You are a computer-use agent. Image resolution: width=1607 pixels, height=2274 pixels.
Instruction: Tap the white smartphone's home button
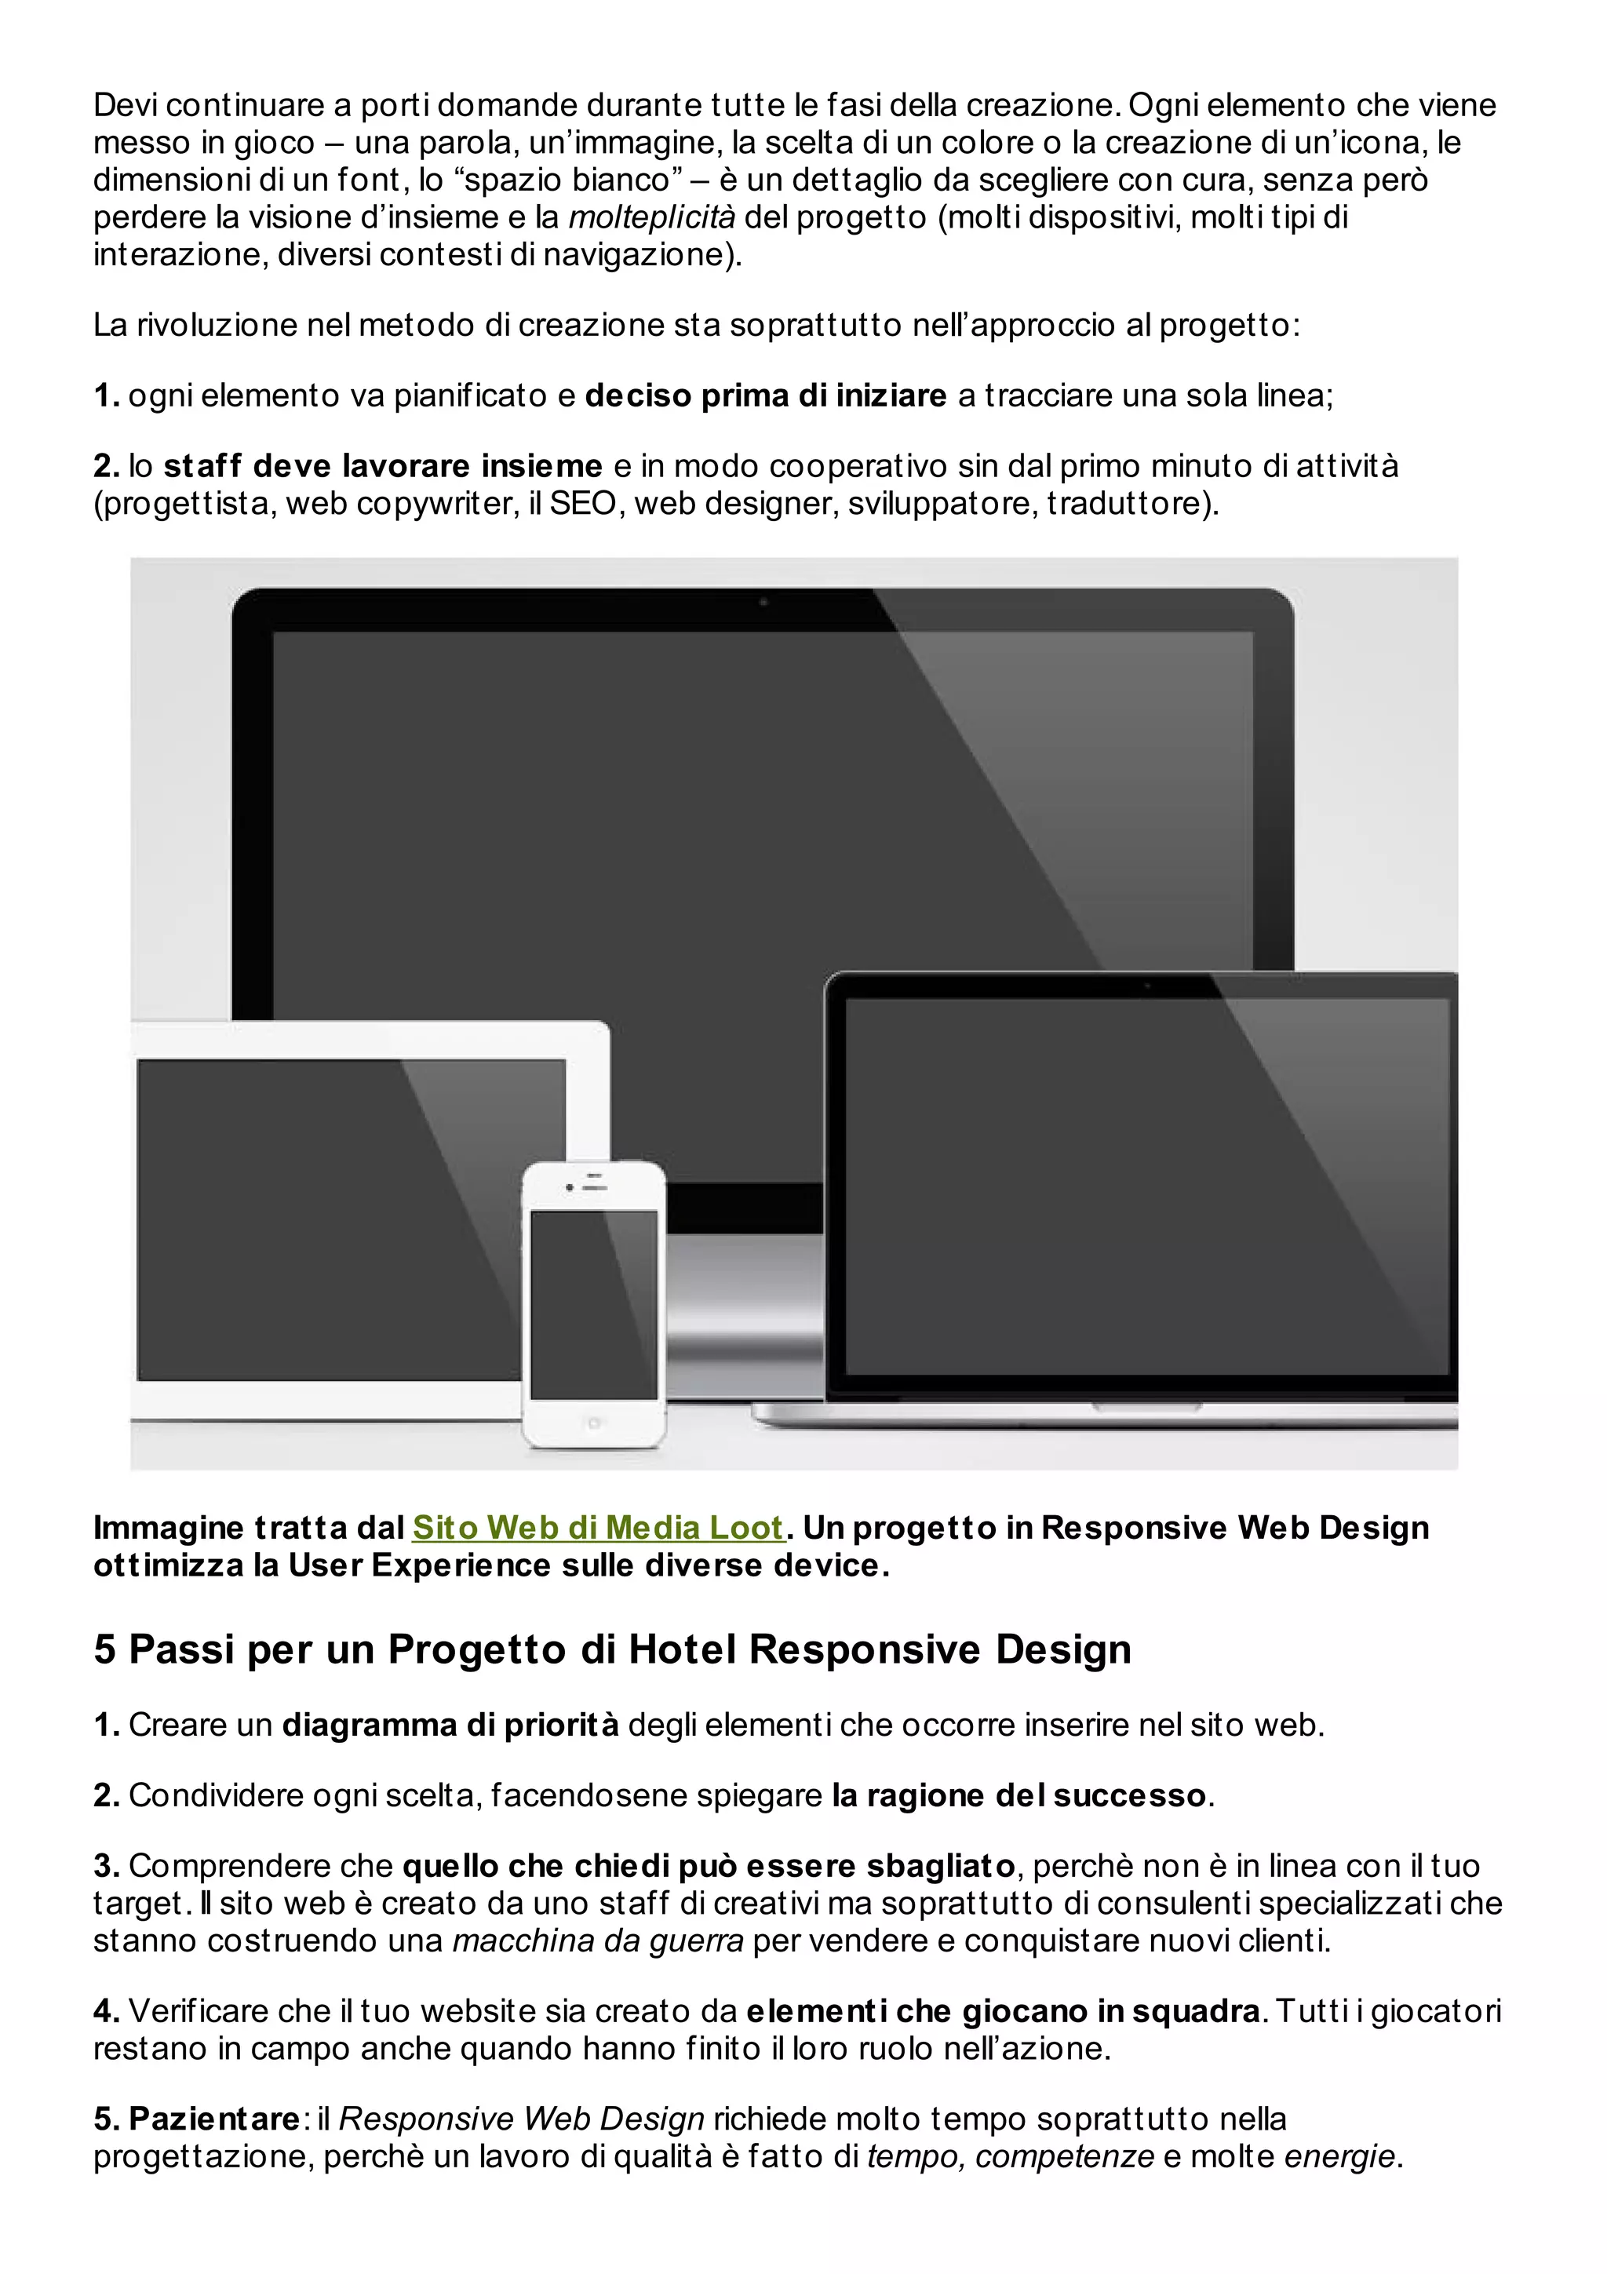click(x=593, y=1423)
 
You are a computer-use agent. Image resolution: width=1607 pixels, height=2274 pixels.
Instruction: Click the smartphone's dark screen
click(x=593, y=1303)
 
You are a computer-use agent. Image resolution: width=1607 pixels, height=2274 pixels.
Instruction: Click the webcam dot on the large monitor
click(x=763, y=601)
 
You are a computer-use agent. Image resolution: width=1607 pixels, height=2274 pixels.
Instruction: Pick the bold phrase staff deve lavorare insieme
click(x=382, y=465)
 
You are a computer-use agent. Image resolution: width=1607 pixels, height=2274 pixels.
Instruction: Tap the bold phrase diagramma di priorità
click(x=450, y=1726)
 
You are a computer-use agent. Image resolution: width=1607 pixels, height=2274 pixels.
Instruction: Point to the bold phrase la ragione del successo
click(x=1018, y=1795)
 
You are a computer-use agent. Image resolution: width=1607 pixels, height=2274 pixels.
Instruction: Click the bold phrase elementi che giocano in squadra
click(x=1002, y=2012)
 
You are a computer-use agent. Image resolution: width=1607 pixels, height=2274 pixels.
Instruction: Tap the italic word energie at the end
click(x=1339, y=2156)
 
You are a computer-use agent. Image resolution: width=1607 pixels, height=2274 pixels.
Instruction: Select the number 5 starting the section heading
click(x=104, y=1650)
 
